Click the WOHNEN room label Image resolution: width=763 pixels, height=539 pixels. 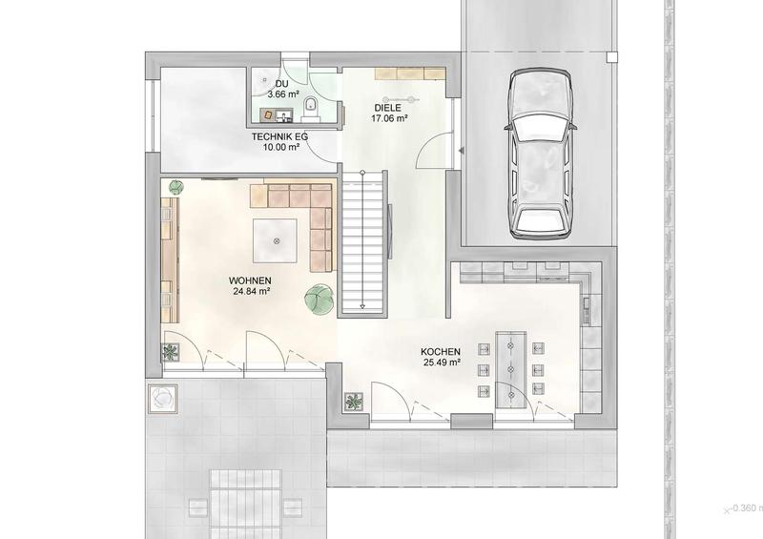pyautogui.click(x=250, y=280)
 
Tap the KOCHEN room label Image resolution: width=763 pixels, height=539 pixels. pyautogui.click(x=441, y=352)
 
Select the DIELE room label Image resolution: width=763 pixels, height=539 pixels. pyautogui.click(x=388, y=108)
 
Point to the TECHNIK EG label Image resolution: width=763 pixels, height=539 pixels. pyautogui.click(x=279, y=136)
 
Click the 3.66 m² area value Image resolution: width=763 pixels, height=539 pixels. pyautogui.click(x=283, y=94)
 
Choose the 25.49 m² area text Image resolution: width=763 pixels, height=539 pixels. pyautogui.click(x=442, y=363)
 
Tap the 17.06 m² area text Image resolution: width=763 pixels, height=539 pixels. pyautogui.click(x=389, y=118)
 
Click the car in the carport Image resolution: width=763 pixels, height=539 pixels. pyautogui.click(x=540, y=154)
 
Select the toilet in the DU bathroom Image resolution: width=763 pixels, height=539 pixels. pyautogui.click(x=310, y=108)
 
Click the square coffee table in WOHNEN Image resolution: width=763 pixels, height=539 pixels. pyautogui.click(x=275, y=241)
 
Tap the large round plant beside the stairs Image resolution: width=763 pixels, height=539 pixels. pyautogui.click(x=320, y=298)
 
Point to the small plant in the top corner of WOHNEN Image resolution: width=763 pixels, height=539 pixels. pyautogui.click(x=175, y=187)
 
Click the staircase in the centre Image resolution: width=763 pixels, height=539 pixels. pyautogui.click(x=363, y=242)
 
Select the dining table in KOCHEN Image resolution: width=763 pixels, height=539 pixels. pyautogui.click(x=510, y=369)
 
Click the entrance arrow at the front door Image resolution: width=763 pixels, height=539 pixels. pyautogui.click(x=461, y=151)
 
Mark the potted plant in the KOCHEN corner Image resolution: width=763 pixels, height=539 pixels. pyautogui.click(x=354, y=402)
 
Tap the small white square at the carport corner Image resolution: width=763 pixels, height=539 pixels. pyautogui.click(x=612, y=57)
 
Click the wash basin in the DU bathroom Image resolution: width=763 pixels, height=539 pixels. pyautogui.click(x=283, y=115)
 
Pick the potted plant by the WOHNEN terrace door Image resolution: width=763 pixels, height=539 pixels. pyautogui.click(x=171, y=353)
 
